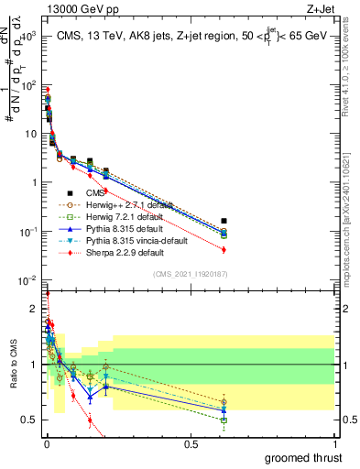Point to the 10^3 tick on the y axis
point(35,38)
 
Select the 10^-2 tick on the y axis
point(35,280)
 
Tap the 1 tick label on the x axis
point(334,444)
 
